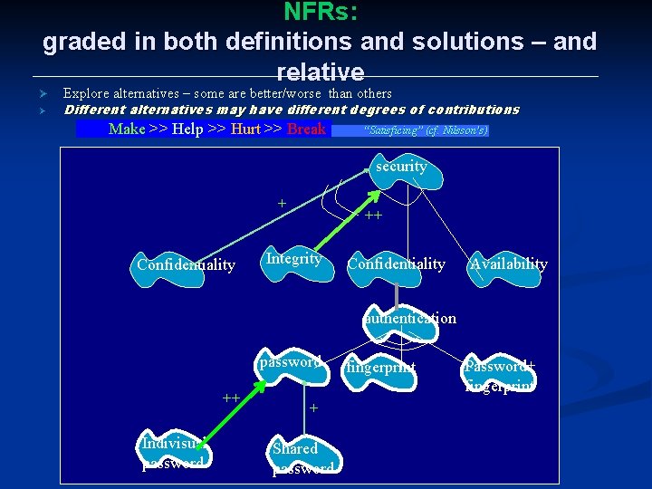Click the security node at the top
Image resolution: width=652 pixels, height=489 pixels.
click(x=401, y=167)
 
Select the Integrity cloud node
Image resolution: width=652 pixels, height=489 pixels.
click(x=293, y=259)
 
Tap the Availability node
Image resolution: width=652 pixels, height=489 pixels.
click(x=508, y=264)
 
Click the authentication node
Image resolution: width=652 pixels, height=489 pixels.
click(x=410, y=318)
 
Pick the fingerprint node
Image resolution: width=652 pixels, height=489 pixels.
click(x=380, y=368)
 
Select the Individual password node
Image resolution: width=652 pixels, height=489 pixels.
click(x=174, y=453)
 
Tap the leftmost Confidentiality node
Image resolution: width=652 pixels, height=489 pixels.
click(x=186, y=265)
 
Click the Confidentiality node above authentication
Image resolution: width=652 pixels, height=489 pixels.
click(x=396, y=264)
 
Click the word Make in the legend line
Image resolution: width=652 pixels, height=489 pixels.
click(x=127, y=129)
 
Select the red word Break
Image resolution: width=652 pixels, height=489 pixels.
click(x=306, y=129)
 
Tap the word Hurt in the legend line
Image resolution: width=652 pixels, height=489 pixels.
click(x=245, y=129)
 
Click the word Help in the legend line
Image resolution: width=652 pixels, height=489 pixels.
click(x=187, y=129)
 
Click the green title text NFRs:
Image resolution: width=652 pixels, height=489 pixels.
click(x=321, y=12)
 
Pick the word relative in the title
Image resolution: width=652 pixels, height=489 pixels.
click(x=321, y=72)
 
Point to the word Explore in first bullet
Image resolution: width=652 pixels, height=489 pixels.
click(x=88, y=93)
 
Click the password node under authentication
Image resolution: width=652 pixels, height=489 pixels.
click(x=290, y=362)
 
